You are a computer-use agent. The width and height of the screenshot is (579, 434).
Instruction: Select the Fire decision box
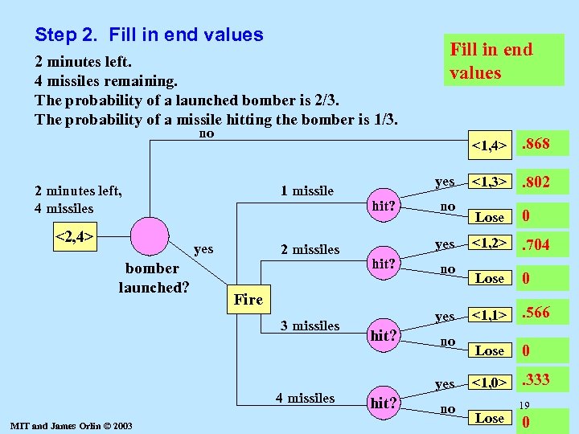248,299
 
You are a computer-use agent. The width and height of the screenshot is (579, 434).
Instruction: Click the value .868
536,144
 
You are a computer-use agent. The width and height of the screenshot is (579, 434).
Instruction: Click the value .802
536,182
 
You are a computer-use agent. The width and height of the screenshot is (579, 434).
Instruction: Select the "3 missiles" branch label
310,325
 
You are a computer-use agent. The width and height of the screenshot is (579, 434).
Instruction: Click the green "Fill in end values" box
504,60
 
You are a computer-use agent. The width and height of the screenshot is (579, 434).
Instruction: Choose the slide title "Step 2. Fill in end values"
149,35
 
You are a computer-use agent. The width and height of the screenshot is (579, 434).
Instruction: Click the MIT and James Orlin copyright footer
68,425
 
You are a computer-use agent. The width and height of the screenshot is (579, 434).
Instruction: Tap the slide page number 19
524,406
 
